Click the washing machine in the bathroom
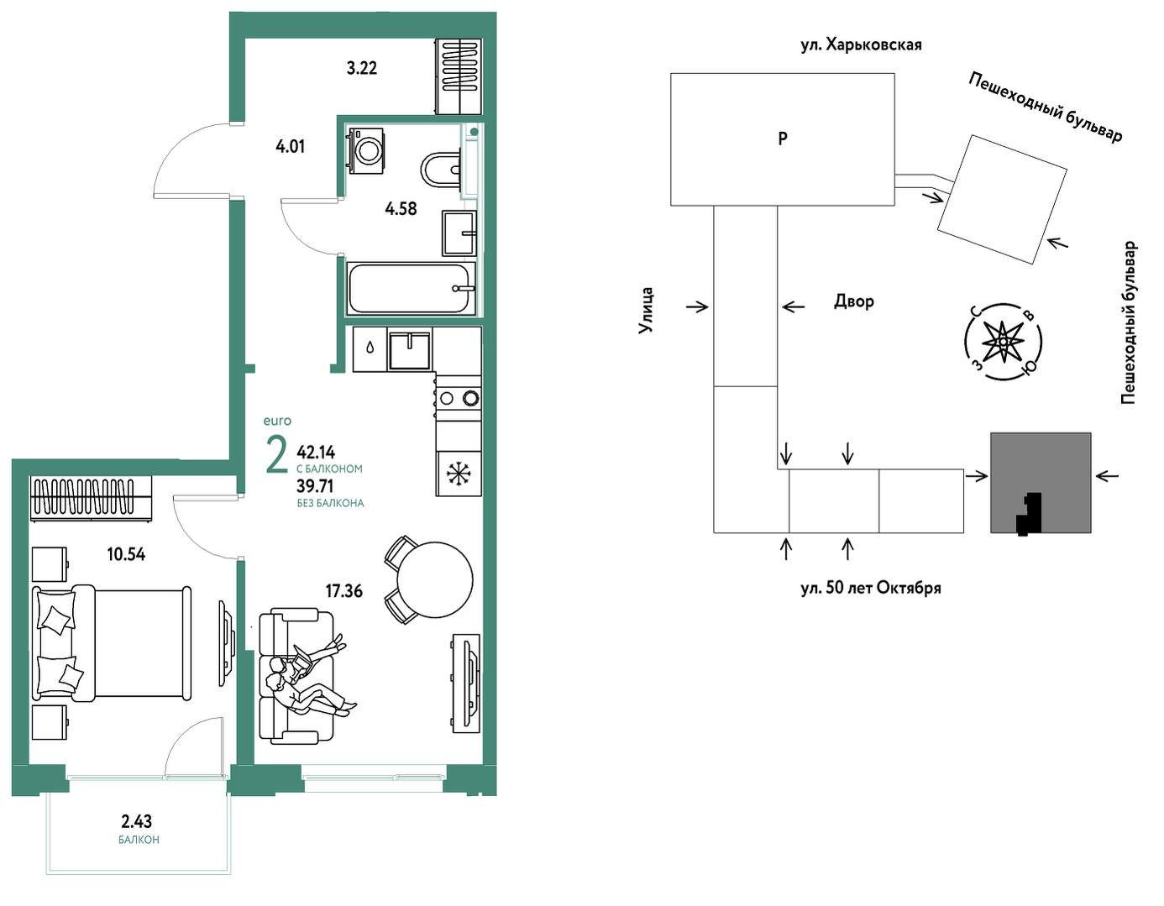[368, 150]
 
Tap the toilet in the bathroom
[441, 170]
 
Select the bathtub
[411, 288]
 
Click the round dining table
[434, 580]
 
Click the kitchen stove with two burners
[458, 398]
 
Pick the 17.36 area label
[343, 591]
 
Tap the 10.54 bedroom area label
[126, 554]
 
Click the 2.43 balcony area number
[137, 821]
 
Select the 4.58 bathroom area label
[401, 209]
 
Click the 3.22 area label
[362, 68]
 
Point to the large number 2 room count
[277, 456]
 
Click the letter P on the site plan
[783, 139]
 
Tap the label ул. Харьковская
[862, 45]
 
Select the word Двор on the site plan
[854, 301]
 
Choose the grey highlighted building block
[1041, 483]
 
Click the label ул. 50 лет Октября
[870, 589]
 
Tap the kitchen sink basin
[410, 350]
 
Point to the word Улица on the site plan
[646, 311]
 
